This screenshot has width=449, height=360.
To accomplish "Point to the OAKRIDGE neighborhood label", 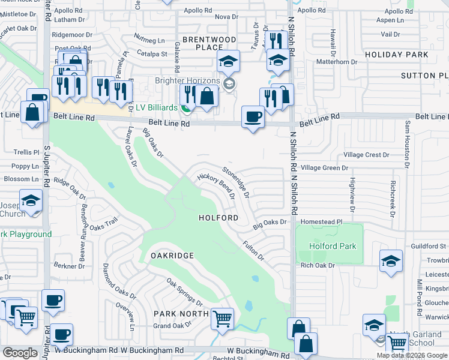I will coord(172,256).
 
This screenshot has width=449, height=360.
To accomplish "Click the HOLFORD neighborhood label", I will coord(218,218).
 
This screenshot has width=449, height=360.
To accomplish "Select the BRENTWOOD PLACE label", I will coord(209,43).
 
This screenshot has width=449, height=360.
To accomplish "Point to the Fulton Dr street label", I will coord(253,250).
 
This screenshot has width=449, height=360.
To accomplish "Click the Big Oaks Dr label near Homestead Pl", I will coord(270,223).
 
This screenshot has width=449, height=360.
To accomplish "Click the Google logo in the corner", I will coord(20,353).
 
